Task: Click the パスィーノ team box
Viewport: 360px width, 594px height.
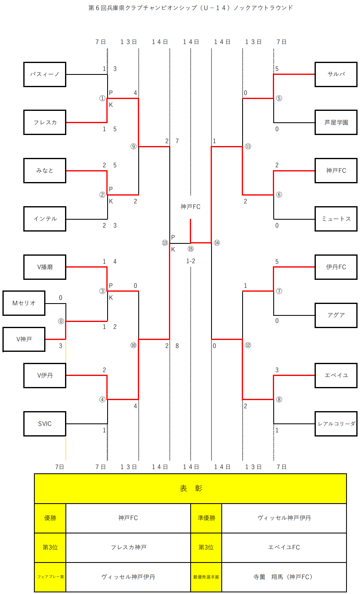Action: (45, 74)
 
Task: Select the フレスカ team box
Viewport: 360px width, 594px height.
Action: (45, 122)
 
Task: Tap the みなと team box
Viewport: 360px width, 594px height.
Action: (45, 171)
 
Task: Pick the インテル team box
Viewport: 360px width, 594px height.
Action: (45, 219)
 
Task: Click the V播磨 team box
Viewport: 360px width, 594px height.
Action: (45, 267)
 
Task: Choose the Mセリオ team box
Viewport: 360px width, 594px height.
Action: (24, 303)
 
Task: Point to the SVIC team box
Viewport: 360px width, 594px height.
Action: (45, 424)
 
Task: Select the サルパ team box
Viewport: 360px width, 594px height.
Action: (336, 74)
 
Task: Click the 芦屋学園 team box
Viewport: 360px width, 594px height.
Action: (336, 122)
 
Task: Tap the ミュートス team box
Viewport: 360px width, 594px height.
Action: (336, 219)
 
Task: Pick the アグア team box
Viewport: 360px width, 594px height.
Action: (336, 315)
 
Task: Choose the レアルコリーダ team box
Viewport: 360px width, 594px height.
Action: (336, 424)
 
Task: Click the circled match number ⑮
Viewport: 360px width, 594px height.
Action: (191, 249)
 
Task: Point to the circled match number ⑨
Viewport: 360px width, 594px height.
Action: (133, 146)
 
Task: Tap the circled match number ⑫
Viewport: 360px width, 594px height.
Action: (248, 345)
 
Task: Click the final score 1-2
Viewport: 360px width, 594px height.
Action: (191, 261)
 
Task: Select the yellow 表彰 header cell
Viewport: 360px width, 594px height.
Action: (190, 488)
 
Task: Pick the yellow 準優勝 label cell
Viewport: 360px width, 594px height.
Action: (206, 518)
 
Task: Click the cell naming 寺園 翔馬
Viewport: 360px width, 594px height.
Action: (283, 577)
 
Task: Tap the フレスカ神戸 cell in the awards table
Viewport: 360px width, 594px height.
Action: (128, 547)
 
